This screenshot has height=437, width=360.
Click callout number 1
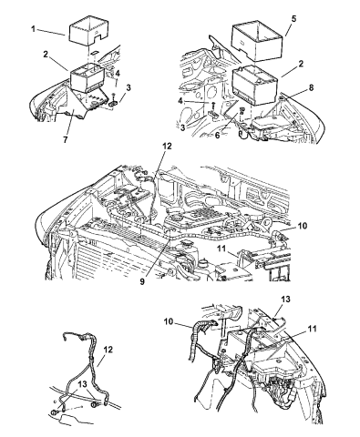[33, 29]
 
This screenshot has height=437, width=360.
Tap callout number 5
[293, 19]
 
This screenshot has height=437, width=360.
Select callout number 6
[217, 135]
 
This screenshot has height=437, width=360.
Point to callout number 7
[66, 139]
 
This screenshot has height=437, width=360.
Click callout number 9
[142, 281]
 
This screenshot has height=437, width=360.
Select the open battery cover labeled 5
[258, 38]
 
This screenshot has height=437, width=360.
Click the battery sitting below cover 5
[255, 86]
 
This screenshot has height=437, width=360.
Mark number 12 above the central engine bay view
[167, 146]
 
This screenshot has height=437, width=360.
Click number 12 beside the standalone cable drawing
[108, 350]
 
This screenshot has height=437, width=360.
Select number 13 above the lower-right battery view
[285, 299]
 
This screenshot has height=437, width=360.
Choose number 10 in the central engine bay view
[303, 226]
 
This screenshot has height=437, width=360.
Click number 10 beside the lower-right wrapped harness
[170, 321]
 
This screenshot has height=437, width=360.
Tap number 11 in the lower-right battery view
[312, 329]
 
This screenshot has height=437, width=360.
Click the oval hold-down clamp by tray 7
[114, 104]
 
